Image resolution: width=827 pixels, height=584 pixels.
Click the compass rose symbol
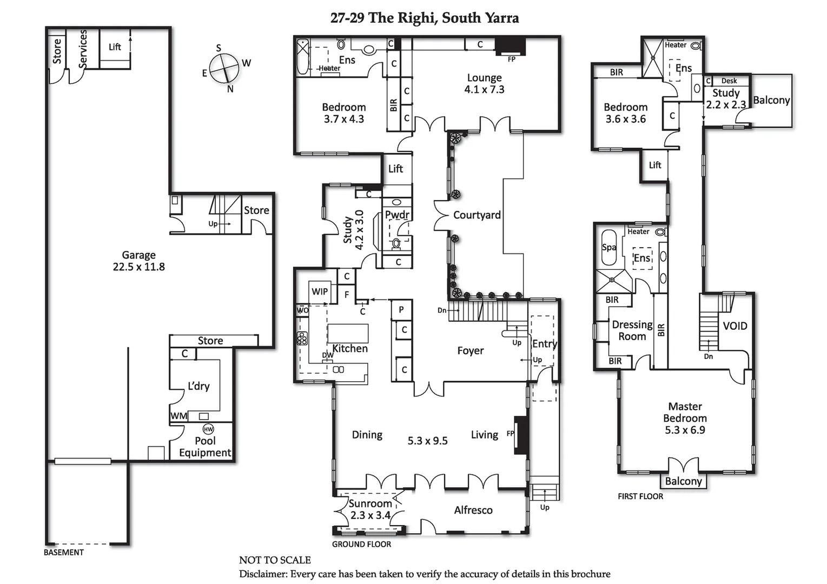coord(224,69)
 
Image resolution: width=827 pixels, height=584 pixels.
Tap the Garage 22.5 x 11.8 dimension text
coord(139,267)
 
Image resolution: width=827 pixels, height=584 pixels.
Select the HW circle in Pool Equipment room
coord(208,429)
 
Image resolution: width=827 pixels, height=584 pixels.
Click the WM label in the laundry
coord(178,416)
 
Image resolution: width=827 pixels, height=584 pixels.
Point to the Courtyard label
coord(477,215)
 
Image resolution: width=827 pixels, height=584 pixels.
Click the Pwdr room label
coord(397,215)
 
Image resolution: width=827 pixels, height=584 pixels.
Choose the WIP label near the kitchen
coord(320,291)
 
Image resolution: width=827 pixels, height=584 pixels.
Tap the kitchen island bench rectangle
coord(348,333)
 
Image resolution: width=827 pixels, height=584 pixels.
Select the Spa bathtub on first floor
coord(609,248)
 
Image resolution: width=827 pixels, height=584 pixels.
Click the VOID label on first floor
coord(735,326)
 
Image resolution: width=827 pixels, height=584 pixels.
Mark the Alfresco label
coord(473,510)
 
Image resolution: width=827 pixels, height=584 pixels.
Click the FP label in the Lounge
coord(512,59)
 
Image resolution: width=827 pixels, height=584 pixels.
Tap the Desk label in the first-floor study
coord(729,81)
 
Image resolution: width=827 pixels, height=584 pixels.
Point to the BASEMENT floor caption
coord(64,552)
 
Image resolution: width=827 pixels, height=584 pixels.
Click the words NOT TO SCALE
coord(275,560)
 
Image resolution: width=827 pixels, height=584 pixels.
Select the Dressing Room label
coord(632,330)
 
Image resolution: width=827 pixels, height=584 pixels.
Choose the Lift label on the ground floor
coord(395,169)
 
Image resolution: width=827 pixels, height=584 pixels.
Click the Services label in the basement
coord(83,49)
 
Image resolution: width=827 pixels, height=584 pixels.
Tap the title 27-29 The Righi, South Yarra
coord(425,18)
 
